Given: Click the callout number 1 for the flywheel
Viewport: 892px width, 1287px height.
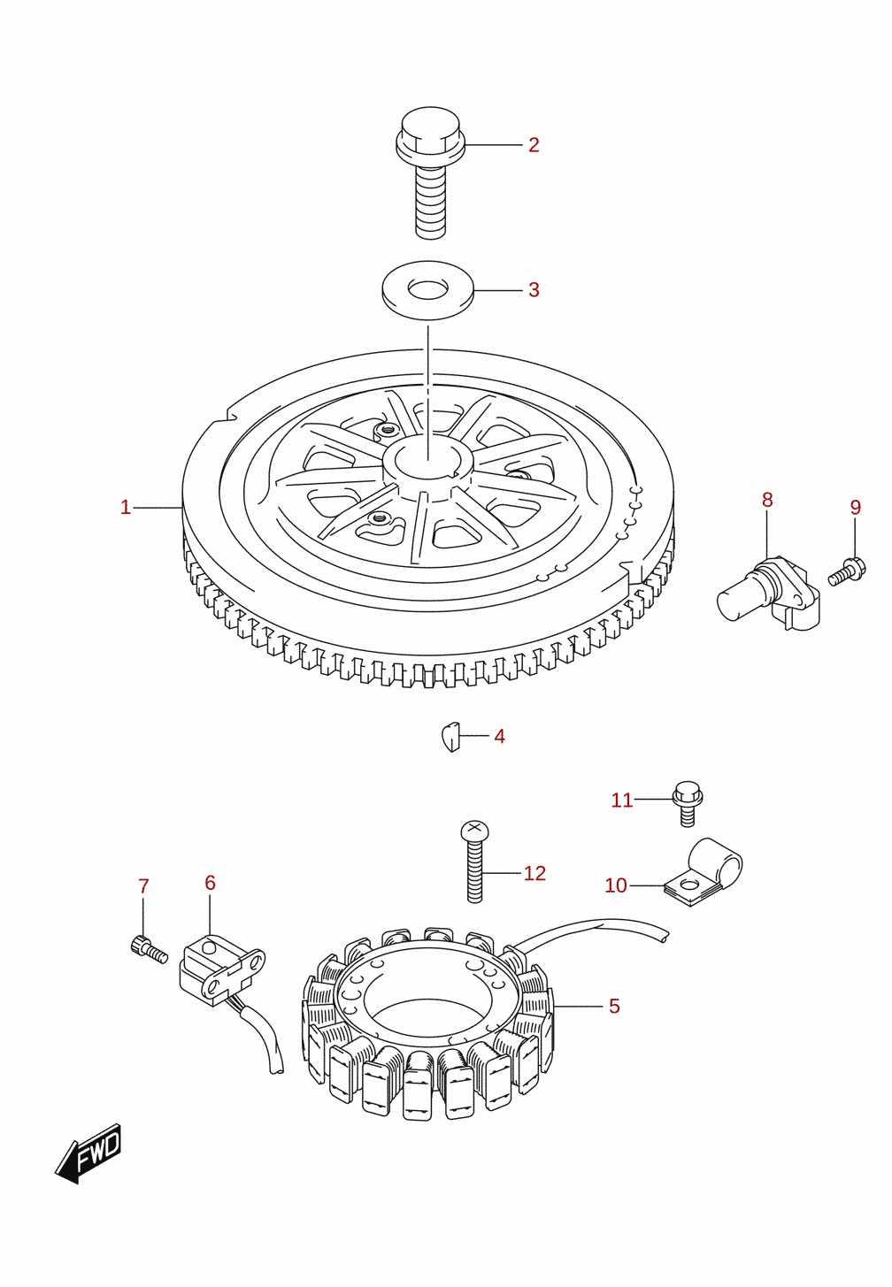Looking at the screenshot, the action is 126,508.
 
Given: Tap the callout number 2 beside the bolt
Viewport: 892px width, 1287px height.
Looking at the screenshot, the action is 534,145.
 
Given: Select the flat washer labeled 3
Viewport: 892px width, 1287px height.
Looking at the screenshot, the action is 428,290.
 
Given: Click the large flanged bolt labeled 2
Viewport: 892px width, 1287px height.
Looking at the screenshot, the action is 430,172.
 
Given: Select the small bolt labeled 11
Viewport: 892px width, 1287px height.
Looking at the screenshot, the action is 688,803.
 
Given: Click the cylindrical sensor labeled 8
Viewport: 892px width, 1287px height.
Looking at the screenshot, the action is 769,593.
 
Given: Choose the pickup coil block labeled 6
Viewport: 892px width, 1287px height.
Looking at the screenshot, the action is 222,969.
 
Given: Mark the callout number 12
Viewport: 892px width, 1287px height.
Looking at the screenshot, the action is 534,873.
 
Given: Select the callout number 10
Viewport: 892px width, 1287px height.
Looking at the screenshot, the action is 616,885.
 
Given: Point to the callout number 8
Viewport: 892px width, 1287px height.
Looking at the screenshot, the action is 767,500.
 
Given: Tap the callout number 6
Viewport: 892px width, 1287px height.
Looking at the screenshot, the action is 210,883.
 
